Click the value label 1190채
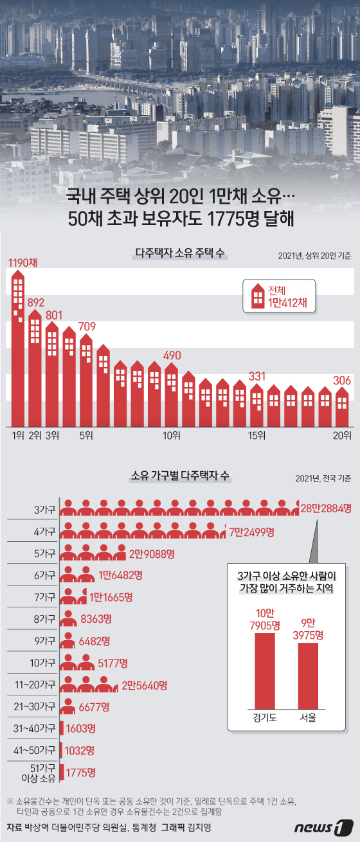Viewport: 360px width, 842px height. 23,262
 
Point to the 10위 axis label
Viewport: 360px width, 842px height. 172,436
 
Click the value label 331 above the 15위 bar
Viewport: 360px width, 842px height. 257,376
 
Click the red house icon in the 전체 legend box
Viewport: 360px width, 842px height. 257,296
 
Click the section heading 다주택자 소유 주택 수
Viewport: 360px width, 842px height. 179,254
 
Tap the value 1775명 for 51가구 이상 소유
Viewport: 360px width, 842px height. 80,772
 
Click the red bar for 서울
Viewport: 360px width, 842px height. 307,674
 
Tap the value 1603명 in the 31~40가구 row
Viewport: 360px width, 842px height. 80,728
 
